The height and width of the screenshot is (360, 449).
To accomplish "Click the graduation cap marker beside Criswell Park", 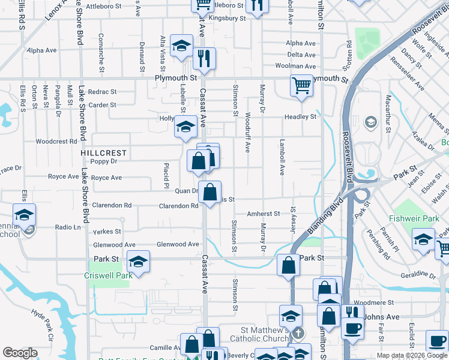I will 139,262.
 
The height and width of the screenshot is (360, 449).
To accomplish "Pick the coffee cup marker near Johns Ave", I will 352,327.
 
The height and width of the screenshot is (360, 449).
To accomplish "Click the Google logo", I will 20,353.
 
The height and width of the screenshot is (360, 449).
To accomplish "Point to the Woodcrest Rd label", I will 56,142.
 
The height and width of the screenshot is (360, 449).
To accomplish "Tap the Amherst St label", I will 264,214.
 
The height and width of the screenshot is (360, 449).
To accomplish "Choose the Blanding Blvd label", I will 325,215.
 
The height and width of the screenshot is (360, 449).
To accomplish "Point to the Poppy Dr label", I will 103,161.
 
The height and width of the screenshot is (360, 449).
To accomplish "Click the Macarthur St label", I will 388,113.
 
